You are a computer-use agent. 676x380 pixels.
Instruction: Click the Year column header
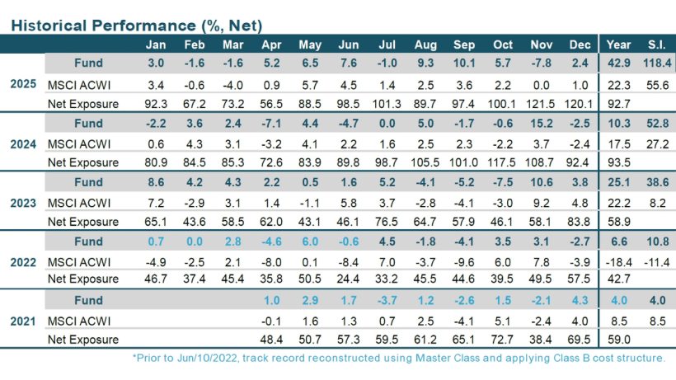tap(618, 45)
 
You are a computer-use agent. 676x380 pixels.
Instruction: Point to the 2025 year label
tap(21, 84)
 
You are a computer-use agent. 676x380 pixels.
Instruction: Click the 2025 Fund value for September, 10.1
tap(464, 64)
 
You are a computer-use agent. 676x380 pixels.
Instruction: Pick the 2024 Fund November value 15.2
tap(542, 124)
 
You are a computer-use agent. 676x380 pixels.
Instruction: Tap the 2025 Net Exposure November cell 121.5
tap(542, 104)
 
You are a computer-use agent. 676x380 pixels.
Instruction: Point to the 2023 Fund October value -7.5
tap(503, 183)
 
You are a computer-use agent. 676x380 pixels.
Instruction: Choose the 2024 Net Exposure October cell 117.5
tap(503, 163)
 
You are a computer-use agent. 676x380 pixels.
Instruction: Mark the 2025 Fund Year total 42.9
tap(618, 64)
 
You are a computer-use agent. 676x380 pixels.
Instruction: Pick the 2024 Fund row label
tap(87, 124)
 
